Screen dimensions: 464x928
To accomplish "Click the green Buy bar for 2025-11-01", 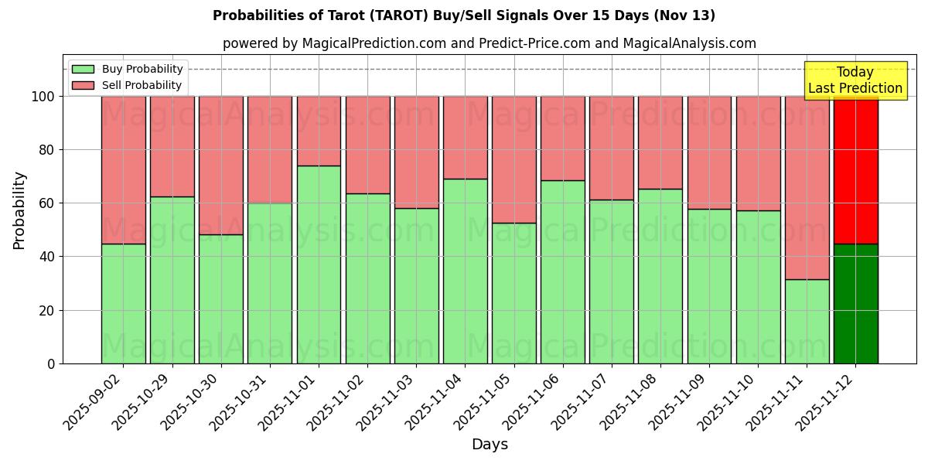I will pos(319,264).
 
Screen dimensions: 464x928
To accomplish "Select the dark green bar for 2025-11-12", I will pos(855,303).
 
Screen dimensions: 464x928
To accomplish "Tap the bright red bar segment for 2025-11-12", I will pos(855,170).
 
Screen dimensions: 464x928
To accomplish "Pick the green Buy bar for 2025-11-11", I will pos(807,321).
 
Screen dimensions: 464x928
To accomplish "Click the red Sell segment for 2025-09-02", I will pos(124,170).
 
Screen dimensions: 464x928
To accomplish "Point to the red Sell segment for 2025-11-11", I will pos(807,188).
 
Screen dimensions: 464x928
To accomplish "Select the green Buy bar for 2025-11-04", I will pos(465,271).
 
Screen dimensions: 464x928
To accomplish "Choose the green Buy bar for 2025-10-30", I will pos(221,299).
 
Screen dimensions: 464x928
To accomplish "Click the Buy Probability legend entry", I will pos(128,69).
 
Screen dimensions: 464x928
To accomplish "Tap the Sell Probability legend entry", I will pos(128,85).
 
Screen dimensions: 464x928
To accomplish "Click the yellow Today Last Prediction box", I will pos(855,80).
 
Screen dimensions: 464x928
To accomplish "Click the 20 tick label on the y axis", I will pos(48,310).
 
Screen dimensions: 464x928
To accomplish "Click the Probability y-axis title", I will pos(19,210).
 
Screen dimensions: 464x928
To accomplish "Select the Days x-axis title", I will pos(490,445).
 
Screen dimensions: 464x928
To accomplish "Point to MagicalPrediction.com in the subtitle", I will pos(374,43).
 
